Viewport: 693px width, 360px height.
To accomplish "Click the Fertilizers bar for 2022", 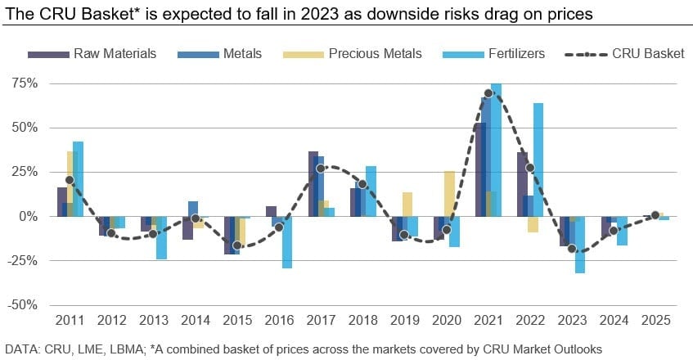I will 538,160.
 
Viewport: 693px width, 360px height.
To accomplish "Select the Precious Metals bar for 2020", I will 448,193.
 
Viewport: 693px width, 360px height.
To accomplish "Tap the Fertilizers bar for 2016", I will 287,242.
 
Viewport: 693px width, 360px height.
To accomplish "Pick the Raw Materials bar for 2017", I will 313,183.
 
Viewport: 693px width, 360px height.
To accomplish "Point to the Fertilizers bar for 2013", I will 161,237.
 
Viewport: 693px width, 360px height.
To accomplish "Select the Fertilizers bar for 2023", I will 580,245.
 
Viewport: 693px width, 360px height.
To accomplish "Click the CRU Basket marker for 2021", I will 488,93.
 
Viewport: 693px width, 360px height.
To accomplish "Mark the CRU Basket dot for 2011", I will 70,180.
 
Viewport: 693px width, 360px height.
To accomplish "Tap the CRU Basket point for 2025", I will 655,215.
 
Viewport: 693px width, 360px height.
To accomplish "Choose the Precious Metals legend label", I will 375,54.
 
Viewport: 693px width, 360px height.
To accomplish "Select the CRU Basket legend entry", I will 647,54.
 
